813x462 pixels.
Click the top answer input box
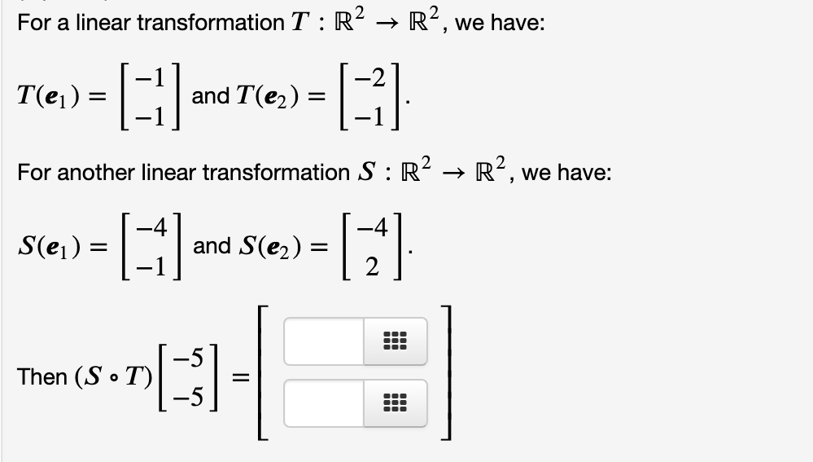[x=324, y=341]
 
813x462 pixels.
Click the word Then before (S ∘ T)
[x=42, y=376]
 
